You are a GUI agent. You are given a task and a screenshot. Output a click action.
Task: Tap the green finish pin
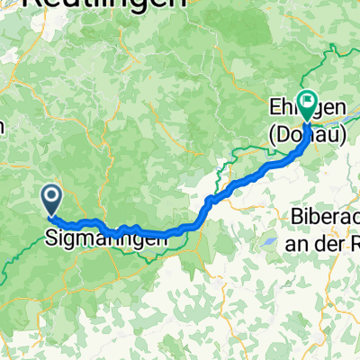point(308,105)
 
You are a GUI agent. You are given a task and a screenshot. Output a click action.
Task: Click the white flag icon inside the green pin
point(308,102)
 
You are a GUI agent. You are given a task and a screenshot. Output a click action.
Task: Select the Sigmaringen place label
point(106,239)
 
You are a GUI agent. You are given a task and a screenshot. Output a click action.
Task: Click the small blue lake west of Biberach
point(268,243)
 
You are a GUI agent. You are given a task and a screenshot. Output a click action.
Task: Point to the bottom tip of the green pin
point(308,121)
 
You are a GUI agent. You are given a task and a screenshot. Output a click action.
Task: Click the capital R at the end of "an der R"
point(352,243)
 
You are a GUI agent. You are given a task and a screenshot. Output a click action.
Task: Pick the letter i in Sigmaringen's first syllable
point(63,238)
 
